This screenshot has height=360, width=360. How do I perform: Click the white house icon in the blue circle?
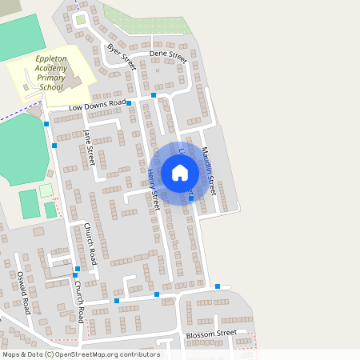click(x=180, y=173)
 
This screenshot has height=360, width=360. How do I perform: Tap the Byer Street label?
click(x=122, y=57)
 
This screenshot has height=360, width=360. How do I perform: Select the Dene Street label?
click(x=168, y=57)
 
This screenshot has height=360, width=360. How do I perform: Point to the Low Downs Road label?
click(x=98, y=105)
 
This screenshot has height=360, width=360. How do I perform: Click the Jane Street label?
click(x=89, y=147)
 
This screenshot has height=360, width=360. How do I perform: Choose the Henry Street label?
click(x=153, y=189)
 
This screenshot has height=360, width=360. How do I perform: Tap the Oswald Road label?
click(x=23, y=292)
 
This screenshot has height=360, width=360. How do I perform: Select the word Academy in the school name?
click(x=53, y=69)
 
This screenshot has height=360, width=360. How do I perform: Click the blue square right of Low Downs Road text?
click(x=129, y=103)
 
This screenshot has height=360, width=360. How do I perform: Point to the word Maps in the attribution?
click(x=11, y=354)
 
